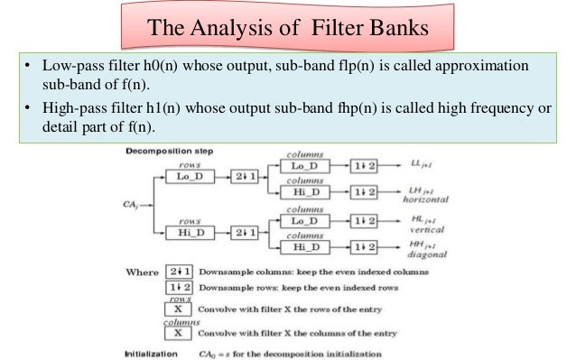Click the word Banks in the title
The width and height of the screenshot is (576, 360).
tap(398, 28)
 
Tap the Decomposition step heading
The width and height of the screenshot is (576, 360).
tap(170, 151)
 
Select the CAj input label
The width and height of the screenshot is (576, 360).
tap(130, 205)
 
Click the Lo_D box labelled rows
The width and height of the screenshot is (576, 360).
tap(190, 177)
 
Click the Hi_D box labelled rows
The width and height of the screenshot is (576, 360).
tap(190, 233)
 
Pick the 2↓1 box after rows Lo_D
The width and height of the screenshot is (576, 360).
tap(245, 177)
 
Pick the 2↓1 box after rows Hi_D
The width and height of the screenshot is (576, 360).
tap(245, 233)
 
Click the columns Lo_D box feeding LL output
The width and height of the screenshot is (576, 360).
tap(305, 166)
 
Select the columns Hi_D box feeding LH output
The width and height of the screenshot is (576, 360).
tap(305, 192)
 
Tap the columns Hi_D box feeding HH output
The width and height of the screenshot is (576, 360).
tap(305, 247)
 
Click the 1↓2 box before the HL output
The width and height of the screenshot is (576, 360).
tap(364, 221)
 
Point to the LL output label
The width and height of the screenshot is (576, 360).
tap(421, 163)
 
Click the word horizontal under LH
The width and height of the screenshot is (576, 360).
tap(425, 199)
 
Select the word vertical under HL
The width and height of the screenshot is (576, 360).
tap(427, 230)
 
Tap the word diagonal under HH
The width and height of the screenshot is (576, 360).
tap(427, 254)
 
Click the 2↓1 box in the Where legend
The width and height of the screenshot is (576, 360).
tap(180, 272)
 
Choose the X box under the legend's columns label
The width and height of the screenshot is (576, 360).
tap(178, 333)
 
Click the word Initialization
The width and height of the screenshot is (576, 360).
tap(151, 354)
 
